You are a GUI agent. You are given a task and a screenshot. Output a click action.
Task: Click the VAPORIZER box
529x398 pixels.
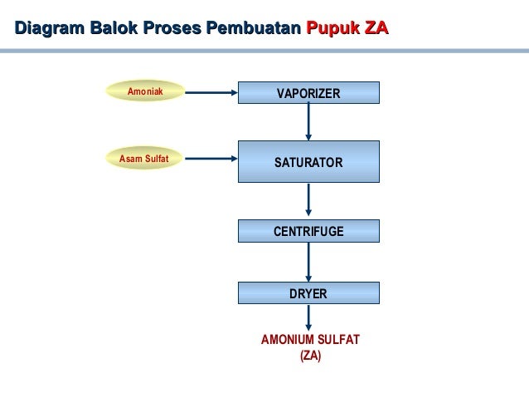pyautogui.click(x=308, y=93)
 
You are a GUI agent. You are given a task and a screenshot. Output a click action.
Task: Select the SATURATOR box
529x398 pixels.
pyautogui.click(x=308, y=161)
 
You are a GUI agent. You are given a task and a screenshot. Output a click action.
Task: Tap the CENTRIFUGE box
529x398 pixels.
pyautogui.click(x=308, y=230)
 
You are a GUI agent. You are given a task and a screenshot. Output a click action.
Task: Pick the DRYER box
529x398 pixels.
pyautogui.click(x=308, y=293)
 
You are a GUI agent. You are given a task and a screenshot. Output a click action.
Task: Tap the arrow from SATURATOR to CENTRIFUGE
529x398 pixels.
pyautogui.click(x=308, y=200)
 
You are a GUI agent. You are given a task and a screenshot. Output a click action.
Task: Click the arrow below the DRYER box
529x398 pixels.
pyautogui.click(x=308, y=318)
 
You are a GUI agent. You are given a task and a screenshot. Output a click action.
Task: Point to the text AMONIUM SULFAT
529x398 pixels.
pyautogui.click(x=310, y=341)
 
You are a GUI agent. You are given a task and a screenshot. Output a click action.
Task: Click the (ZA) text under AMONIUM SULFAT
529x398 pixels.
pyautogui.click(x=310, y=356)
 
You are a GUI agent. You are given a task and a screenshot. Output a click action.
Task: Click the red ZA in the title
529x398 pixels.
pyautogui.click(x=374, y=29)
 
